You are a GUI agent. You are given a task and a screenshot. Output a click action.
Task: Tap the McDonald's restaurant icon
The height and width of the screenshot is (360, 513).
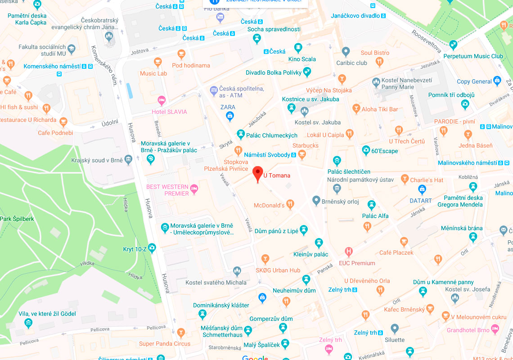pyautogui.click(x=290, y=204)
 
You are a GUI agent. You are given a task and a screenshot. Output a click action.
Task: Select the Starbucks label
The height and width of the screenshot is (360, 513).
pyautogui.click(x=306, y=146)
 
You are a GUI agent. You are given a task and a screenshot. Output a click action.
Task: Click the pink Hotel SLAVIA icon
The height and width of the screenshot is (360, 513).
pyautogui.click(x=161, y=100)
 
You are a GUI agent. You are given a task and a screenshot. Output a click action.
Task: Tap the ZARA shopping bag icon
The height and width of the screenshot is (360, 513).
pyautogui.click(x=230, y=117)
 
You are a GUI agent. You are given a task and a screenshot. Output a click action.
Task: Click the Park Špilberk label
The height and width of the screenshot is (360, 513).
pyautogui.click(x=17, y=219)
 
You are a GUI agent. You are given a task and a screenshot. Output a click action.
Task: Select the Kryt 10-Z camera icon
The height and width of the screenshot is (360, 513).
pyautogui.click(x=152, y=247)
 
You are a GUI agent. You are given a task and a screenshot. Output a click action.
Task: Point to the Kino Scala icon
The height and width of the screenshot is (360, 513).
pyautogui.click(x=298, y=48)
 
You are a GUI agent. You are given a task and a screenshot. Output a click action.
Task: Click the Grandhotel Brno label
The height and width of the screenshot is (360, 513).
pyautogui.click(x=468, y=330)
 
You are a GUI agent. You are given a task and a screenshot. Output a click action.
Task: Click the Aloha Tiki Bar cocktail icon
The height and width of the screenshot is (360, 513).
pyautogui.click(x=356, y=109)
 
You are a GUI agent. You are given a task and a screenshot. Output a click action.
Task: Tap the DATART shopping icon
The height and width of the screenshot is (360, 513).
pyautogui.click(x=422, y=190)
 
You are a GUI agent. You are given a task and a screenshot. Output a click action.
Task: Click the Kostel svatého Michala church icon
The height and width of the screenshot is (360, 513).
pyautogui.click(x=237, y=271)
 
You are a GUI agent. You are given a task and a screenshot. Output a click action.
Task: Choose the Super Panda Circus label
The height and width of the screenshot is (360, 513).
pyautogui.click(x=164, y=344)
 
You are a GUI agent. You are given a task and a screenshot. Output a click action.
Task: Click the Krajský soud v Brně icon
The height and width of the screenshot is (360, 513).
pyautogui.click(x=129, y=160)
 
